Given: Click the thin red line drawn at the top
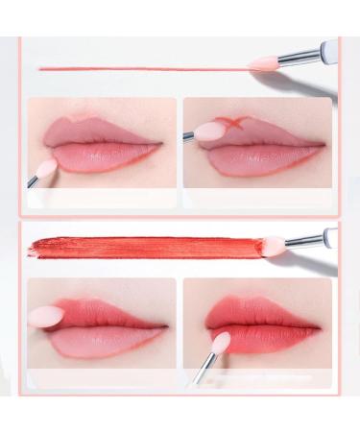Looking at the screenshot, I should point(144,68).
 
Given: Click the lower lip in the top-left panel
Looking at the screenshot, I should point(101,156).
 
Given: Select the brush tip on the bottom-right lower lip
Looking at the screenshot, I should point(222,343).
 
